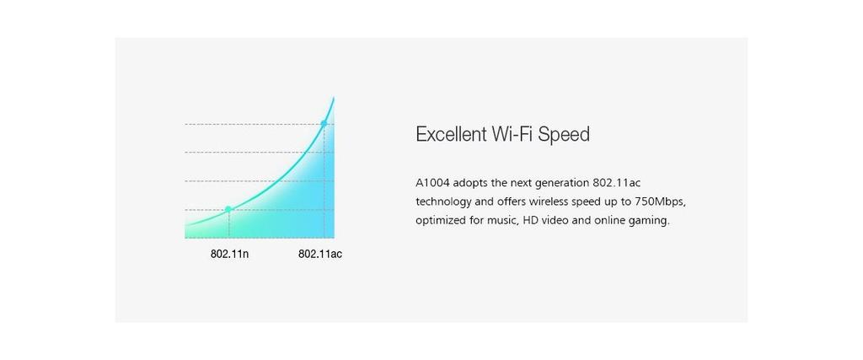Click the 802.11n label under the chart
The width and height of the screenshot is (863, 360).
(229, 255)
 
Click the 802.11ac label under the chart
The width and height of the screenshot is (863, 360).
(320, 255)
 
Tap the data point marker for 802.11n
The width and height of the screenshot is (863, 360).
(228, 209)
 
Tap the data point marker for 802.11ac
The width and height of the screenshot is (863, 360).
(324, 123)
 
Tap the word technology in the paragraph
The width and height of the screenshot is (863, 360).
(443, 202)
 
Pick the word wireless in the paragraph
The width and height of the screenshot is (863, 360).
(548, 201)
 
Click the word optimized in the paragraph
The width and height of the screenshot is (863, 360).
(440, 221)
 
